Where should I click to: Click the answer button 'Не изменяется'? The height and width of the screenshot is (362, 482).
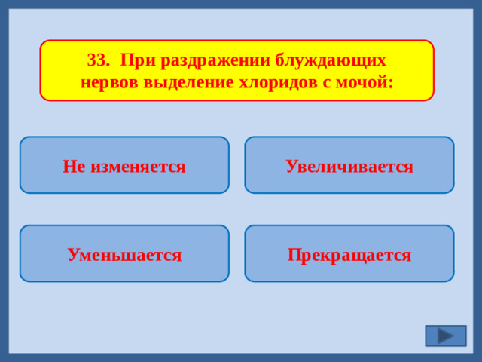tap(124, 165)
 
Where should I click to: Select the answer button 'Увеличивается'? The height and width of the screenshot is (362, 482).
tap(349, 165)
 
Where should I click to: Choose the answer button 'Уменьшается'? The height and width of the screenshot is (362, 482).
tap(124, 254)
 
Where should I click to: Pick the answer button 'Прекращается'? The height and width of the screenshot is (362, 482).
tap(349, 254)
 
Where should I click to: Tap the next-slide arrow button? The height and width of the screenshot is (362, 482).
tap(445, 336)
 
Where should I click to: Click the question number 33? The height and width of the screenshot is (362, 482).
tap(97, 60)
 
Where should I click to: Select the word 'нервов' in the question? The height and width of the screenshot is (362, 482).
tap(107, 81)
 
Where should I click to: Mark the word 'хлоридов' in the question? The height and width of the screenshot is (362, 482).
tap(265, 81)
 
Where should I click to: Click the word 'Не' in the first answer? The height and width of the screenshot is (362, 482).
tap(74, 166)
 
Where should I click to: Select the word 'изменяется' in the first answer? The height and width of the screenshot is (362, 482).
tap(138, 166)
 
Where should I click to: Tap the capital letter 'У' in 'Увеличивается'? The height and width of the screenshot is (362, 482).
tap(291, 166)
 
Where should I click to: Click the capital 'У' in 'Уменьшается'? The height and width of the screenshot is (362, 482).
tap(73, 255)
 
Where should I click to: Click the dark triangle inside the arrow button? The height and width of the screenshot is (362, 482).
tap(446, 336)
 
